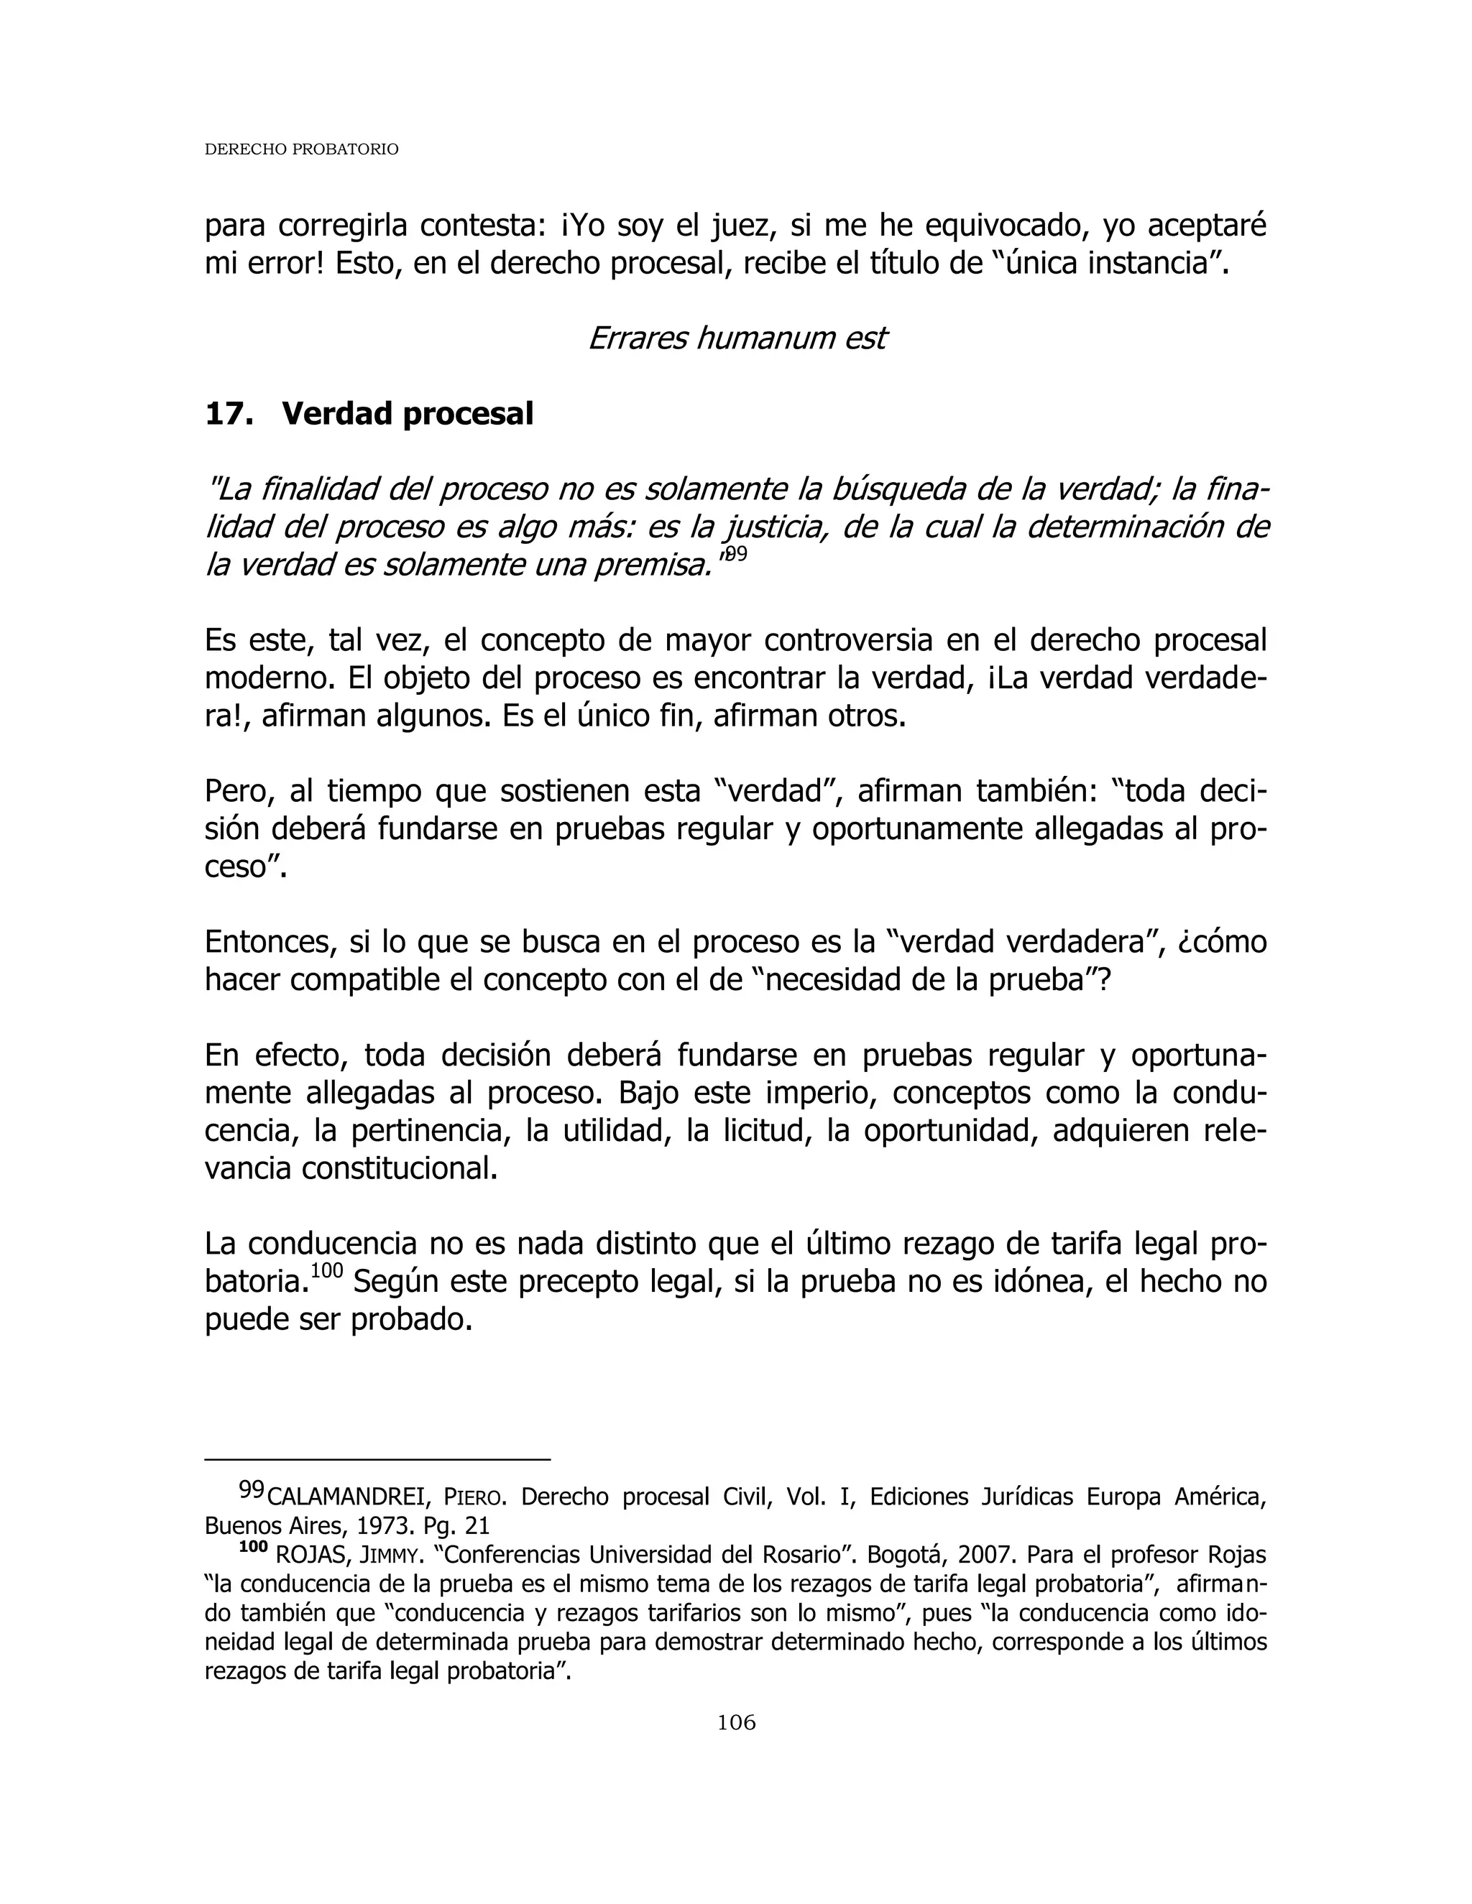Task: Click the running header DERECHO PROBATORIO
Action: [x=301, y=149]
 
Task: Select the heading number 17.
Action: [x=229, y=413]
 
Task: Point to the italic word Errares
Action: [x=638, y=338]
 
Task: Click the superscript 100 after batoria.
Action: [x=327, y=1270]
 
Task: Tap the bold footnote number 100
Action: [x=253, y=1548]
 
